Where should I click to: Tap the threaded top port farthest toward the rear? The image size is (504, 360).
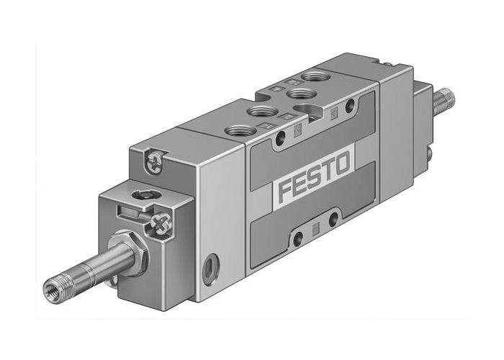314,76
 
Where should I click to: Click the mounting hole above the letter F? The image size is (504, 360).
279,140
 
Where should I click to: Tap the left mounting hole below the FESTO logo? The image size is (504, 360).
297,238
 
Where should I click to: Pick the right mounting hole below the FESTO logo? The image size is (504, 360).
333,219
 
